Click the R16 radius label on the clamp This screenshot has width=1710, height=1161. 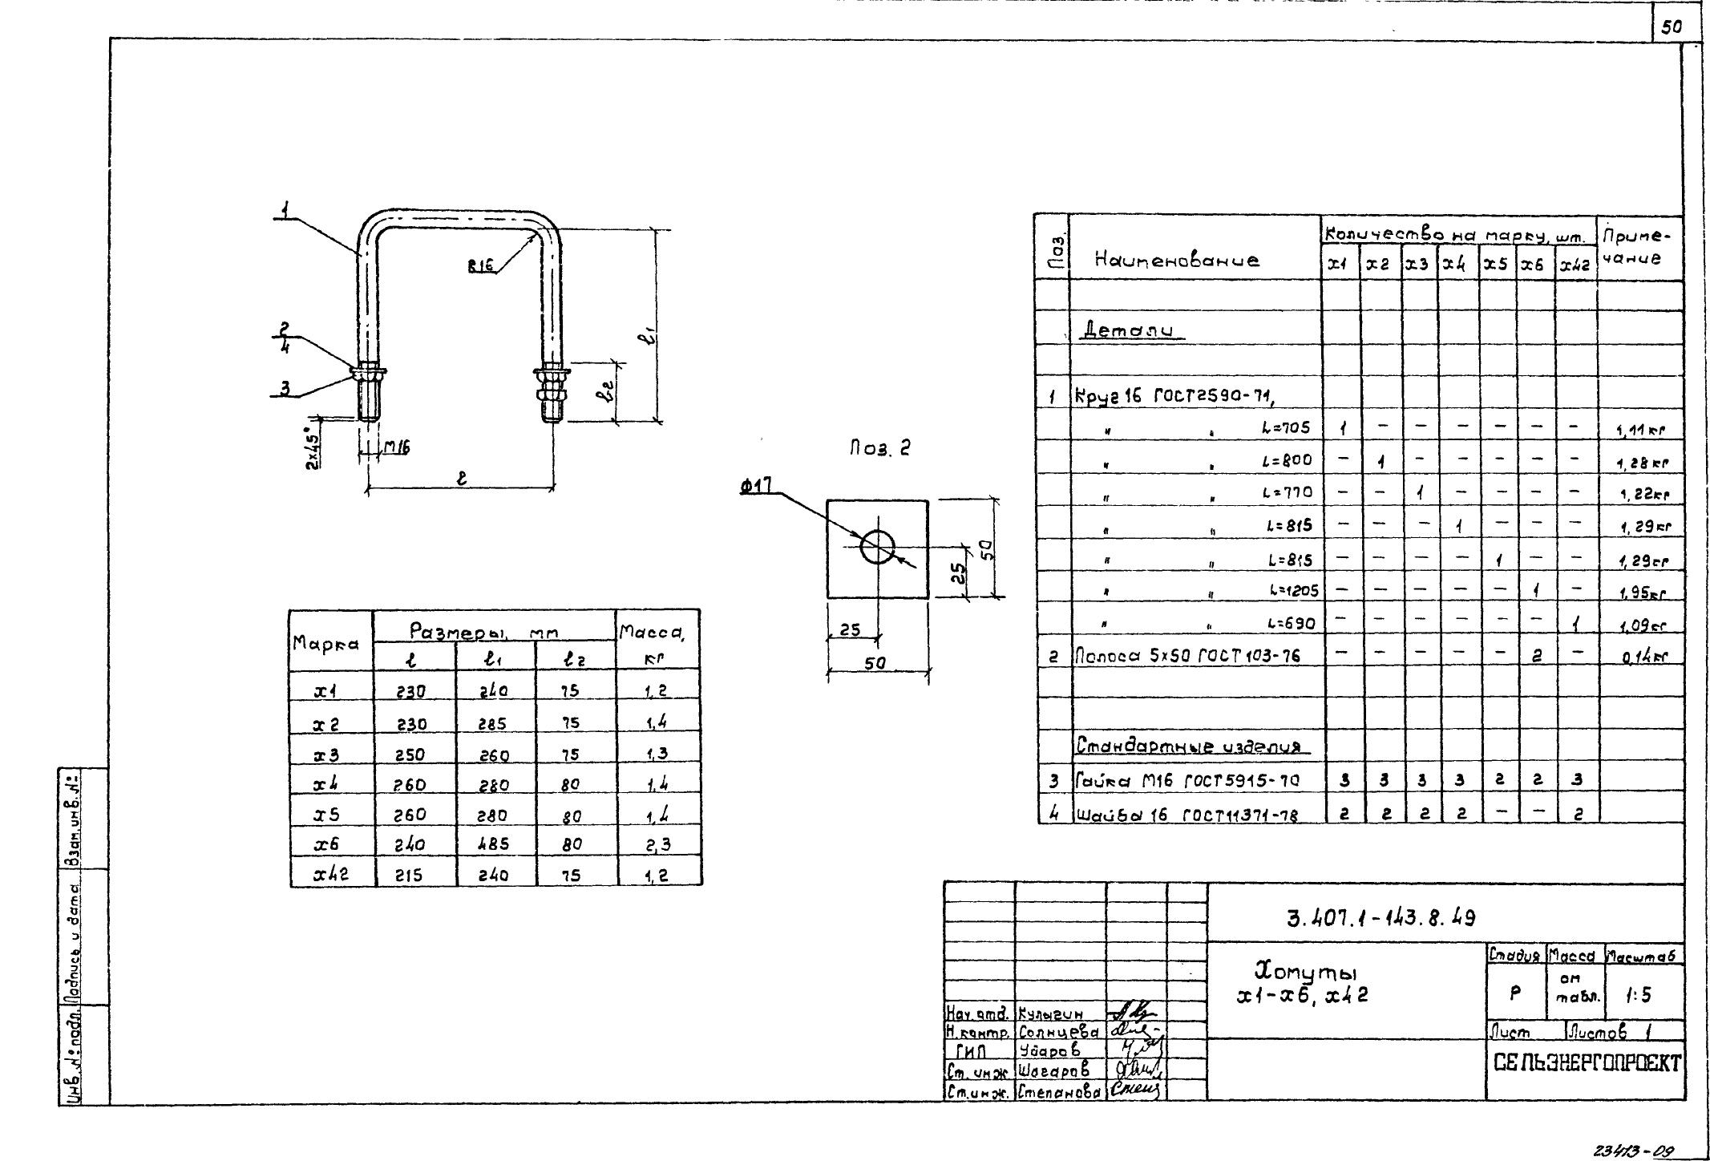tap(480, 268)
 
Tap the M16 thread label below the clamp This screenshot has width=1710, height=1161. tap(395, 449)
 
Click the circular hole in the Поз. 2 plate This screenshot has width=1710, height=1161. tap(877, 548)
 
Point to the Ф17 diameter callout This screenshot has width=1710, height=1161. tap(757, 486)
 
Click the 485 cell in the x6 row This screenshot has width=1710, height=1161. tap(494, 843)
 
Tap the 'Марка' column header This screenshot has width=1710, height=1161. tap(325, 643)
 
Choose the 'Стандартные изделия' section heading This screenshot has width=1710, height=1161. tap(1191, 747)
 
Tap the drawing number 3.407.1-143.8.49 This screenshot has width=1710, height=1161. tap(1381, 917)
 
